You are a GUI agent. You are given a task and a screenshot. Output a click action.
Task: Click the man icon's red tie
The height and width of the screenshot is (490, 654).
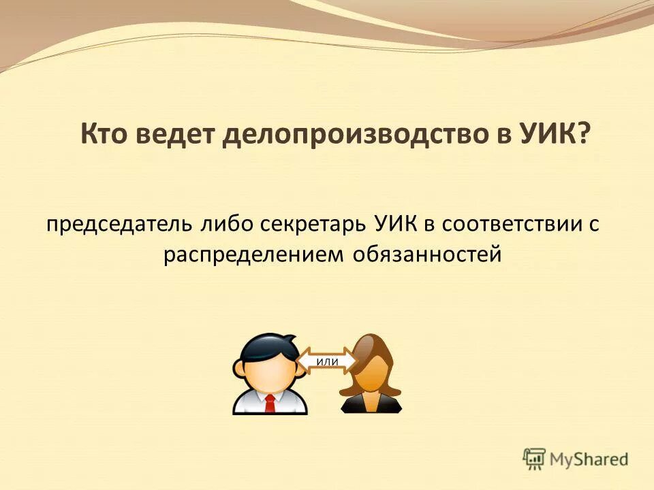(x=270, y=403)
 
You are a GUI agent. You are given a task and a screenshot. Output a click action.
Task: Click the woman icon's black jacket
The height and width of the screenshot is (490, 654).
(x=371, y=406)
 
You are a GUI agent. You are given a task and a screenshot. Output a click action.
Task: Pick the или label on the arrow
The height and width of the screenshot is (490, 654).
(x=328, y=361)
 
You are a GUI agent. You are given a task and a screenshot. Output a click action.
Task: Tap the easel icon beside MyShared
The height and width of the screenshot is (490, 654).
(x=535, y=459)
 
